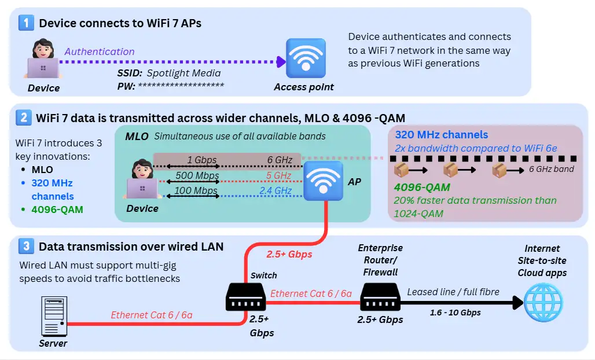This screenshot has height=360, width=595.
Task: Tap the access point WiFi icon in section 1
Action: [306, 58]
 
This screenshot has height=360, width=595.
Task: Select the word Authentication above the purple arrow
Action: [100, 52]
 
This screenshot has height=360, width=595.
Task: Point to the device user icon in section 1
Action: [43, 60]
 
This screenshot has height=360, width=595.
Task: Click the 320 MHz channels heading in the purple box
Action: [442, 134]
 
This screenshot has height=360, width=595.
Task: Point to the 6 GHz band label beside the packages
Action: [551, 169]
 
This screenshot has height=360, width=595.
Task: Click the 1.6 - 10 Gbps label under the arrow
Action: [455, 313]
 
